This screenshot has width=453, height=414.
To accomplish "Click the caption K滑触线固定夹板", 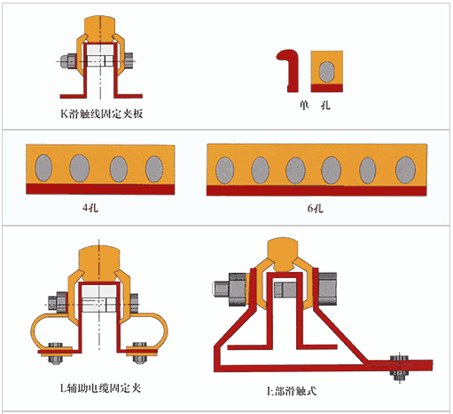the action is point(102,114).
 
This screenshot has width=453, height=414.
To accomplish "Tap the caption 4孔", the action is point(90,208).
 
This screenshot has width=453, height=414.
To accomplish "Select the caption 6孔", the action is point(315,209).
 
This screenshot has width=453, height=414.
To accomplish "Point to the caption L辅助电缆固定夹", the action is point(100,388).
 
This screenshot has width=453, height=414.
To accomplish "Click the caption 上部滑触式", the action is point(292,391).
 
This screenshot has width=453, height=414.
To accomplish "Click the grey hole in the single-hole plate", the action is point(327,72).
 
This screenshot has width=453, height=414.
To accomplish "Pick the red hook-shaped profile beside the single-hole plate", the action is point(290,71).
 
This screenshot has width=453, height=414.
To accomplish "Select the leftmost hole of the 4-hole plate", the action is point(43,168).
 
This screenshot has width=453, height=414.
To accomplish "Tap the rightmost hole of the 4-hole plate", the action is point(154,169).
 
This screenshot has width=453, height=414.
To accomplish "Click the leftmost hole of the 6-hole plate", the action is point(225,171).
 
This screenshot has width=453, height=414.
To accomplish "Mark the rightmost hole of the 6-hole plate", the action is point(405,170).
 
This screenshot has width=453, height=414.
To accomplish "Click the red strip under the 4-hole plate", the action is point(100,189).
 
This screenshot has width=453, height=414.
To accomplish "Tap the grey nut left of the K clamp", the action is point(68,61).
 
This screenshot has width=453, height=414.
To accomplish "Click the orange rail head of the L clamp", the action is point(99,262).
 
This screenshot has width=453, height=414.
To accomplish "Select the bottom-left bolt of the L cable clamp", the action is point(55,354).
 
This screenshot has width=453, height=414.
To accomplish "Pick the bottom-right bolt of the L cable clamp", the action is point(139,353).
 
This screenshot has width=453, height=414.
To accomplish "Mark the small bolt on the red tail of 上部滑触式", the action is point(399,367).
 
